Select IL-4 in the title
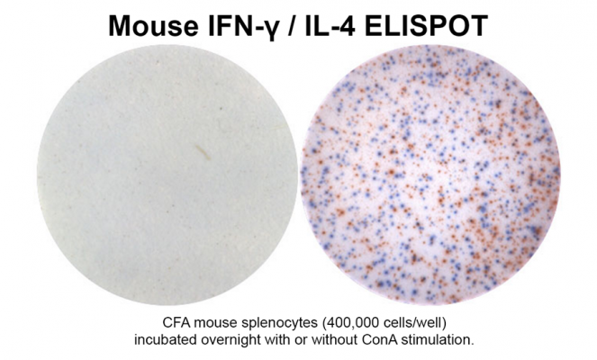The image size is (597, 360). pyautogui.click(x=330, y=25)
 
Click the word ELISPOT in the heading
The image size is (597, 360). pyautogui.click(x=426, y=25)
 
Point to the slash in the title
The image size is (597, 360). pyautogui.click(x=290, y=26)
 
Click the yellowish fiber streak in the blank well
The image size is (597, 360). pyautogui.click(x=203, y=151)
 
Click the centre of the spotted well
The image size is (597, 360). pyautogui.click(x=430, y=175)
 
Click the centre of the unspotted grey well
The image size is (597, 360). pyautogui.click(x=167, y=175)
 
